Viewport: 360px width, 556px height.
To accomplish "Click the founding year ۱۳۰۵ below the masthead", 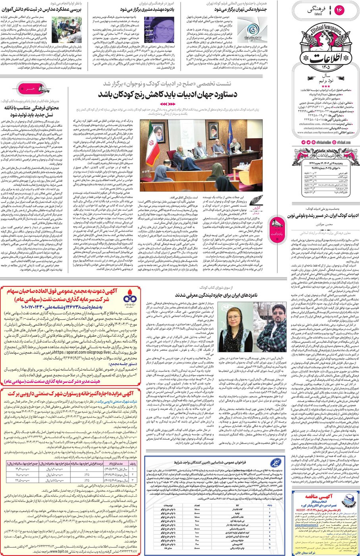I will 323,68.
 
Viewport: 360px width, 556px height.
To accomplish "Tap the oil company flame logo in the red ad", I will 129,299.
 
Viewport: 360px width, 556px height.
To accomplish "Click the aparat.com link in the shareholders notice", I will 77,351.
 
